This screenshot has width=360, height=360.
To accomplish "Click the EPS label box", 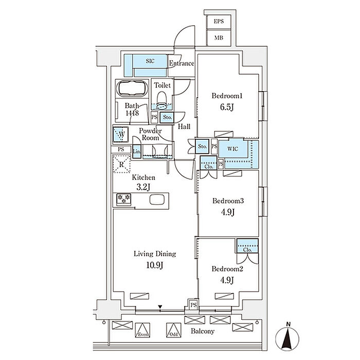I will [x=219, y=22].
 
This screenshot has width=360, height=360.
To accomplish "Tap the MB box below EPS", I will [x=219, y=38].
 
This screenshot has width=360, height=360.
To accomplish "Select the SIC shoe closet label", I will [x=150, y=61].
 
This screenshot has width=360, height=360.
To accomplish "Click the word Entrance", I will [x=182, y=64].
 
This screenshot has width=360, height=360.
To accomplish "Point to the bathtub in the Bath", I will [x=133, y=89].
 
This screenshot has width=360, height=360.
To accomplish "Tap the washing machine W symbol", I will [x=121, y=135].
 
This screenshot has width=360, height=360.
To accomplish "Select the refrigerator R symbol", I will [x=121, y=165].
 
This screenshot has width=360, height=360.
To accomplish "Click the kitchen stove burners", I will [x=124, y=199].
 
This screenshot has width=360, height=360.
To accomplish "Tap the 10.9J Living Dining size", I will [x=155, y=266].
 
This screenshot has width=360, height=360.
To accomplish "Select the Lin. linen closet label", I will [x=137, y=152].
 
